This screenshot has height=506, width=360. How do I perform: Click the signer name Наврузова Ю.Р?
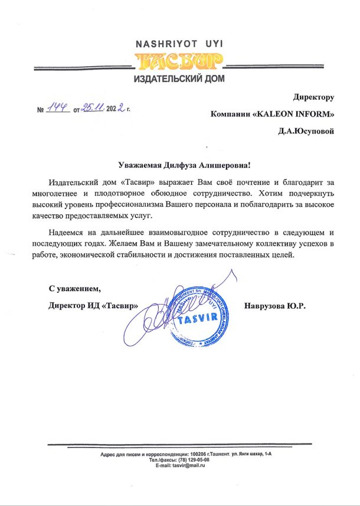[x=276, y=306]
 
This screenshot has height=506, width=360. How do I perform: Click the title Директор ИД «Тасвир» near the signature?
[x=94, y=306]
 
